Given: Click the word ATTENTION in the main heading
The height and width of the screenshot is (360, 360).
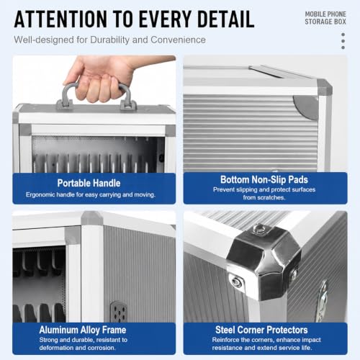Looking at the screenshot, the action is tap(60, 19).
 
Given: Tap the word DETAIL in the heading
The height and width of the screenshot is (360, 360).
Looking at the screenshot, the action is tap(226, 19).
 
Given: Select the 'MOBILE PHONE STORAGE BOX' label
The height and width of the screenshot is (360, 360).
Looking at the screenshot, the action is tap(325, 18).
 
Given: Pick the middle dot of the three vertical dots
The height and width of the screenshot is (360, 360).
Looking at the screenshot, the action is tap(343, 41).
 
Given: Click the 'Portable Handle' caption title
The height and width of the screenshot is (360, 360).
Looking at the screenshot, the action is tap(89, 183).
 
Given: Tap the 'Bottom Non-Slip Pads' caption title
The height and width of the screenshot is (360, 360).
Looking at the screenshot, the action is tap(264, 179).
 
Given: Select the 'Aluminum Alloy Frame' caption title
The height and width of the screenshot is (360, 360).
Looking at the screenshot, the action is tap(83, 330).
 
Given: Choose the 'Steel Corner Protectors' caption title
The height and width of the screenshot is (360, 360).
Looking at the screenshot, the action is tap(261, 330).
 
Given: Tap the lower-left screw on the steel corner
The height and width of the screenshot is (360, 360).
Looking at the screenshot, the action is tap(235, 282).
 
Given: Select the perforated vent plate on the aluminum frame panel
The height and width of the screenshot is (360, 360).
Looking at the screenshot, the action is tap(119, 311).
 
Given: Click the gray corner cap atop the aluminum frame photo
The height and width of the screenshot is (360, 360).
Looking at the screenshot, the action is tap(92, 217).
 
